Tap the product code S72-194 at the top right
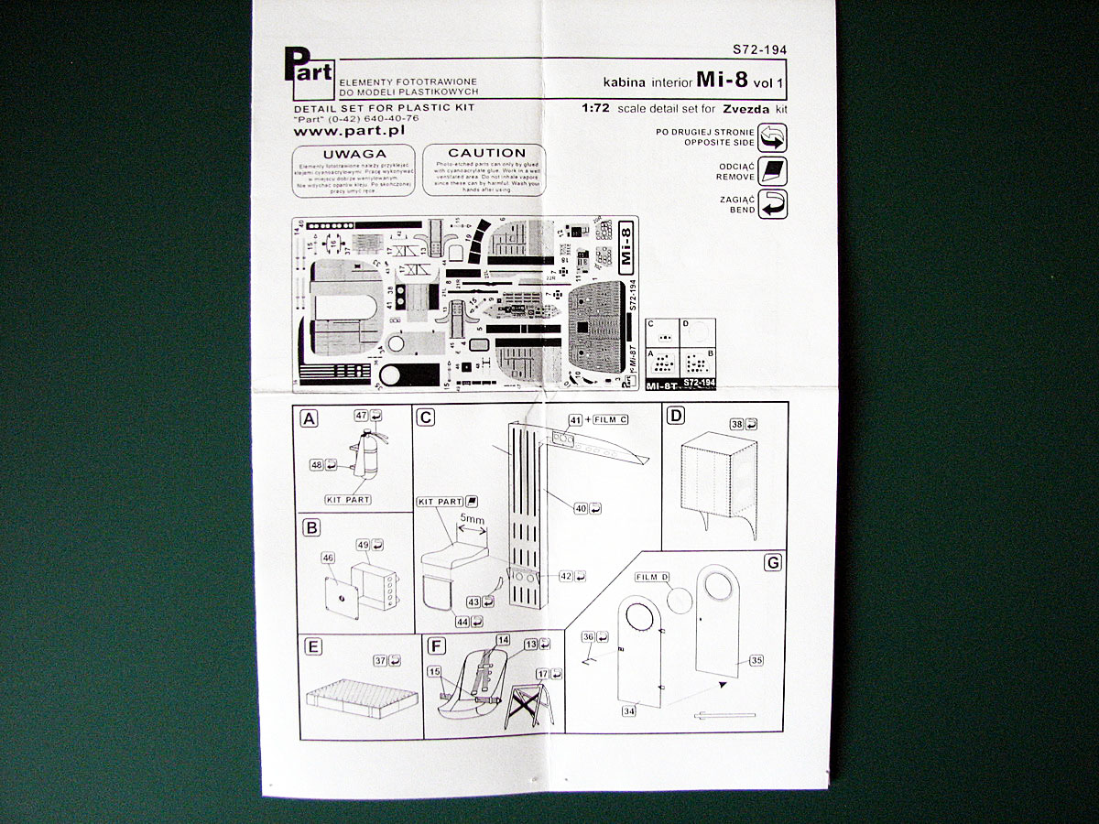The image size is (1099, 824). [x=759, y=50]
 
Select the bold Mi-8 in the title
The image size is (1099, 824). [x=722, y=80]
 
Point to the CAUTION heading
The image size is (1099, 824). [x=486, y=153]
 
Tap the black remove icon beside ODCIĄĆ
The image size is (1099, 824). [x=773, y=171]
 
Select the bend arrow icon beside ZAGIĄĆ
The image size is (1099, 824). [x=773, y=204]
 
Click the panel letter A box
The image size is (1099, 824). [x=310, y=418]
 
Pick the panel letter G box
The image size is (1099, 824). [x=773, y=562]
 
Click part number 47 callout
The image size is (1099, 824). [x=362, y=416]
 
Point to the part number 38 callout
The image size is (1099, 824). [x=737, y=425]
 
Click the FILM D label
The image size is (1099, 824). [x=652, y=577]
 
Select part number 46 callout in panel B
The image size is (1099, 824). [x=327, y=557]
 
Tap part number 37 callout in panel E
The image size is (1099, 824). [x=380, y=659]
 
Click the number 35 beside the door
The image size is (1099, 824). [x=756, y=659]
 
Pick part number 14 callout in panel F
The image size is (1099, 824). [x=503, y=639]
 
